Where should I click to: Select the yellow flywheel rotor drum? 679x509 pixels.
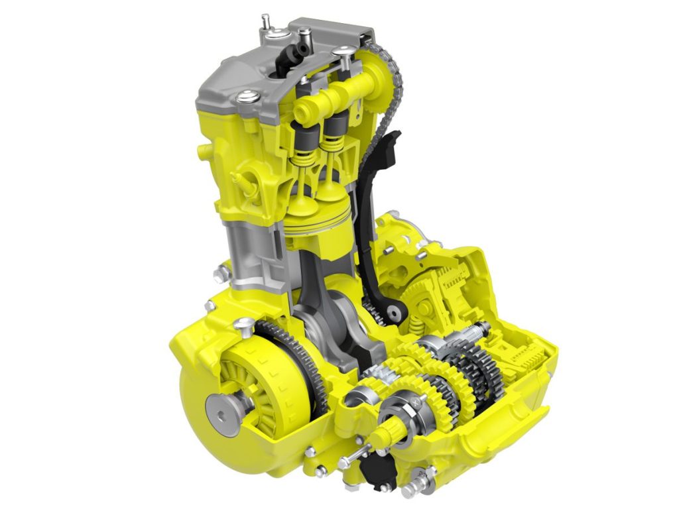(x=265, y=391)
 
